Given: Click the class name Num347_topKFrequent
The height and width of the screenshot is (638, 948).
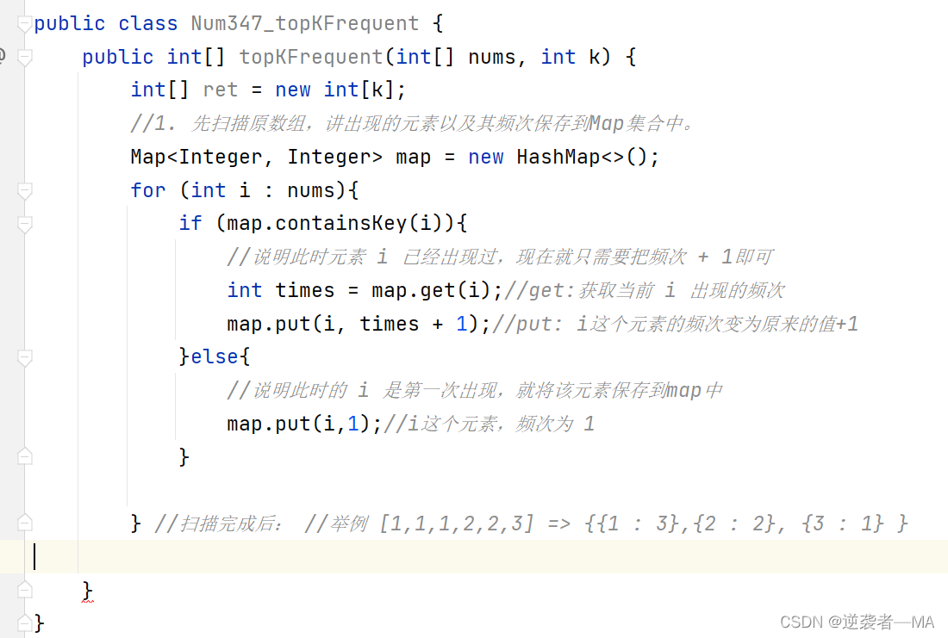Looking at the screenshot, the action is [x=304, y=23].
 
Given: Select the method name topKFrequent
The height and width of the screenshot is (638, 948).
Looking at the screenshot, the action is [x=310, y=57].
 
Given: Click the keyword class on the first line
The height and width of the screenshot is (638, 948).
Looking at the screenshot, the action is [x=147, y=23].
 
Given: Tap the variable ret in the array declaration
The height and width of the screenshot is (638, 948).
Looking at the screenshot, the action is [x=220, y=90].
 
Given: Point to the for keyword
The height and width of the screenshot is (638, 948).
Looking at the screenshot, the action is [x=147, y=190].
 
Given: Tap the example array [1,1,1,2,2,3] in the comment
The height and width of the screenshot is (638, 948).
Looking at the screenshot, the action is [x=455, y=523].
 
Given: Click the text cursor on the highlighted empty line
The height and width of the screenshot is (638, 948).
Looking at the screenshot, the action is [x=34, y=556].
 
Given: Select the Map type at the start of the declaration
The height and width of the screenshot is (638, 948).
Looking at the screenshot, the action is [x=148, y=157].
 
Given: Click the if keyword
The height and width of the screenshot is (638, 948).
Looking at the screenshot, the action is [x=190, y=223].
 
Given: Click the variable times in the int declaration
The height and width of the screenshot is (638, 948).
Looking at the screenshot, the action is [x=303, y=290].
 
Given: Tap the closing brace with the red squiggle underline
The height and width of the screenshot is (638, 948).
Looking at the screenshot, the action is [x=87, y=590].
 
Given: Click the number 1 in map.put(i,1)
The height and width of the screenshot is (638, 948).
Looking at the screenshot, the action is [x=352, y=424].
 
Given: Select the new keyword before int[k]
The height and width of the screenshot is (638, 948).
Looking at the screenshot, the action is [x=293, y=90].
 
